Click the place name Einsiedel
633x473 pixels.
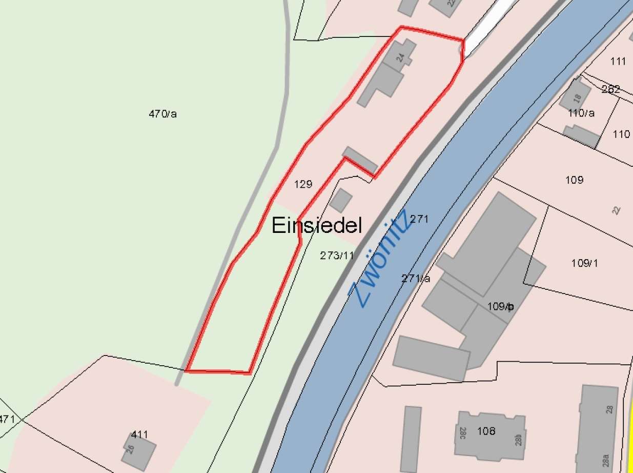pos(317,225)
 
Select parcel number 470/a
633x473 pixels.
pos(162,114)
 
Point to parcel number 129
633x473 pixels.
pos(303,184)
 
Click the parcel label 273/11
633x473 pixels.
pos(337,255)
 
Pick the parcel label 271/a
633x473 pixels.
pos(416,279)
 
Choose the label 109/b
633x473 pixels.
pos(500,307)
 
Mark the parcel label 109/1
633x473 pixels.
pos(584,263)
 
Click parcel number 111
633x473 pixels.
pos(619,62)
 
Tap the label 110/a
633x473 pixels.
pos(581,113)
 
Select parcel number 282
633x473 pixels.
pos(611,89)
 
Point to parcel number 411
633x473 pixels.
pos(139,435)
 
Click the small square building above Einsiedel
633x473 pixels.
pos(341,200)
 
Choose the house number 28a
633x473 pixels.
pos(606,458)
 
